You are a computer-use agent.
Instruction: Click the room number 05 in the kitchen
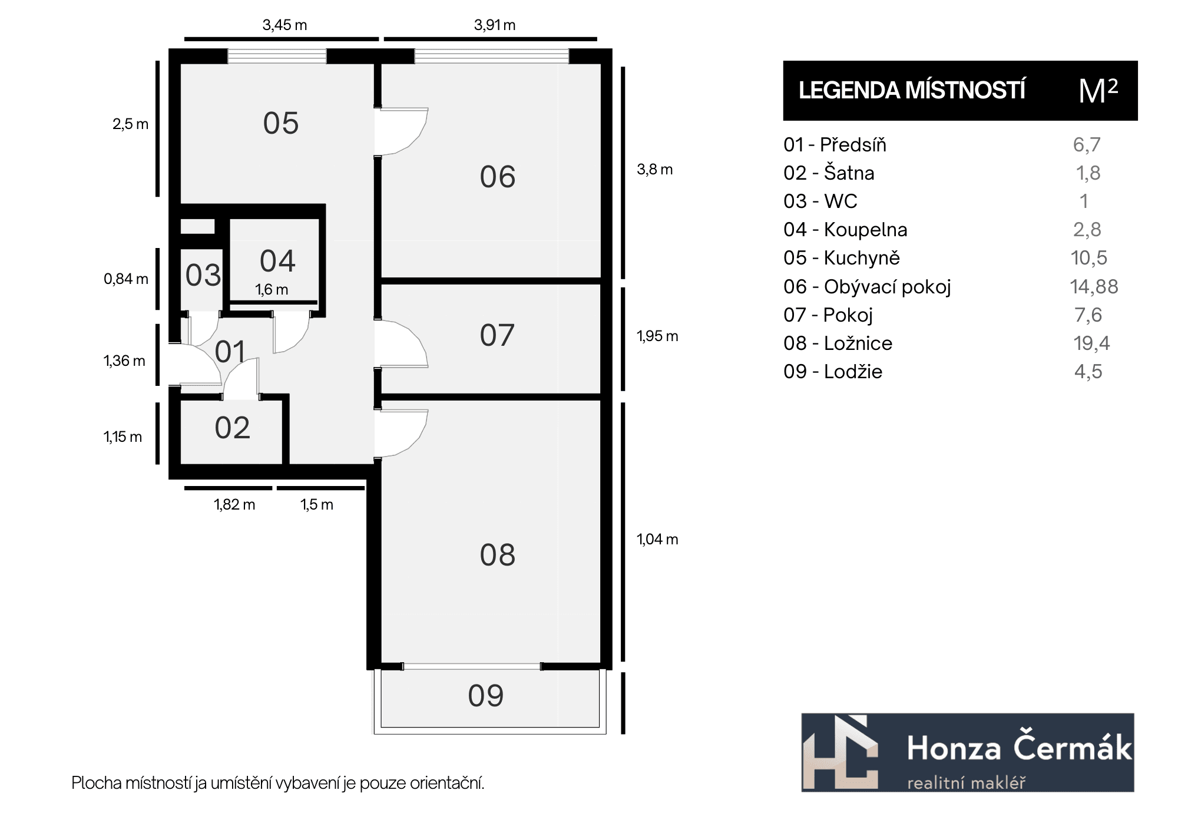point(281,124)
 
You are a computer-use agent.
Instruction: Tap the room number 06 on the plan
point(498,177)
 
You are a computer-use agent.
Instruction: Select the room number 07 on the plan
point(497,335)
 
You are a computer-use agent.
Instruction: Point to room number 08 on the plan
point(498,555)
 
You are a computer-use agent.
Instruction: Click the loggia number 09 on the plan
point(486,696)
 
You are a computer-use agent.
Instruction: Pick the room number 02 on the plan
point(233,428)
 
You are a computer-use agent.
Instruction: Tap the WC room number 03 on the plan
point(203,275)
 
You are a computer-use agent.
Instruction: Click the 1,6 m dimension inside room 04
point(272,290)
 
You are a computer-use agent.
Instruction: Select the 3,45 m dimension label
point(284,25)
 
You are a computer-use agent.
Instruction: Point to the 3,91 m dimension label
point(495,25)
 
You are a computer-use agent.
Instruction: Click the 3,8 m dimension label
point(654,170)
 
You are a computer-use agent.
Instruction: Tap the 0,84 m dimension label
point(126,279)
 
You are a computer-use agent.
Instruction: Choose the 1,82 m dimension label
point(234,504)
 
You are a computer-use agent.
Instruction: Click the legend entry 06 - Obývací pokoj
point(867,287)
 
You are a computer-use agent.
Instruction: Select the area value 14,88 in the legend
point(1094,287)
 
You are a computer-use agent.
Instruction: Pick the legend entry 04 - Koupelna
point(845,230)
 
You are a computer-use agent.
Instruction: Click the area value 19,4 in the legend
point(1091,343)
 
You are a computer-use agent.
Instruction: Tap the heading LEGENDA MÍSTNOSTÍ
point(912,90)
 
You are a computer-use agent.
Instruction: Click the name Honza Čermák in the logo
point(1020,748)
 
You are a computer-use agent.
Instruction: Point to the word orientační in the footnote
point(447,783)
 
